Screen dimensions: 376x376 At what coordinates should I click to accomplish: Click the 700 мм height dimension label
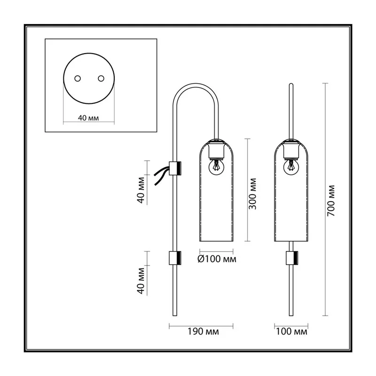331,201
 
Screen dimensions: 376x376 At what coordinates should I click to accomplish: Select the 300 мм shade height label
252,194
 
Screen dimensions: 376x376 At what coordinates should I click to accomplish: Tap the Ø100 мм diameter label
217,259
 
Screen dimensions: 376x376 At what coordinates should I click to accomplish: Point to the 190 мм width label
203,331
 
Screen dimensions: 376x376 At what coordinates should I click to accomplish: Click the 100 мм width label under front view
291,331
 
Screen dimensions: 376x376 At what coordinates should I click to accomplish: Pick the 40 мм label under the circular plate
88,118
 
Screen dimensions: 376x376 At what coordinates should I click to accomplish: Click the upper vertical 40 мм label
141,190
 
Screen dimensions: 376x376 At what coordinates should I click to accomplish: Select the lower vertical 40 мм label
141,281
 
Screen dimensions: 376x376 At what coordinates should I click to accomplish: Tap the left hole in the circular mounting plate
78,78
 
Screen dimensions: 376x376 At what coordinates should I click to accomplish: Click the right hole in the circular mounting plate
101,78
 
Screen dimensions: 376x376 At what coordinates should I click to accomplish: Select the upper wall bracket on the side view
175,168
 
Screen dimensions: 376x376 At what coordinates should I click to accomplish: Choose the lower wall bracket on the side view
175,258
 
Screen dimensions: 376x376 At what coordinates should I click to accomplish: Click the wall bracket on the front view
292,258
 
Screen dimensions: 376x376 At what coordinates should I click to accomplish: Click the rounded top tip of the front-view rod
291,84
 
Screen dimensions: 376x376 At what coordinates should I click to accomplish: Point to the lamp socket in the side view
216,150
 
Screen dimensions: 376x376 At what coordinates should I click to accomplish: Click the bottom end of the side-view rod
175,315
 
